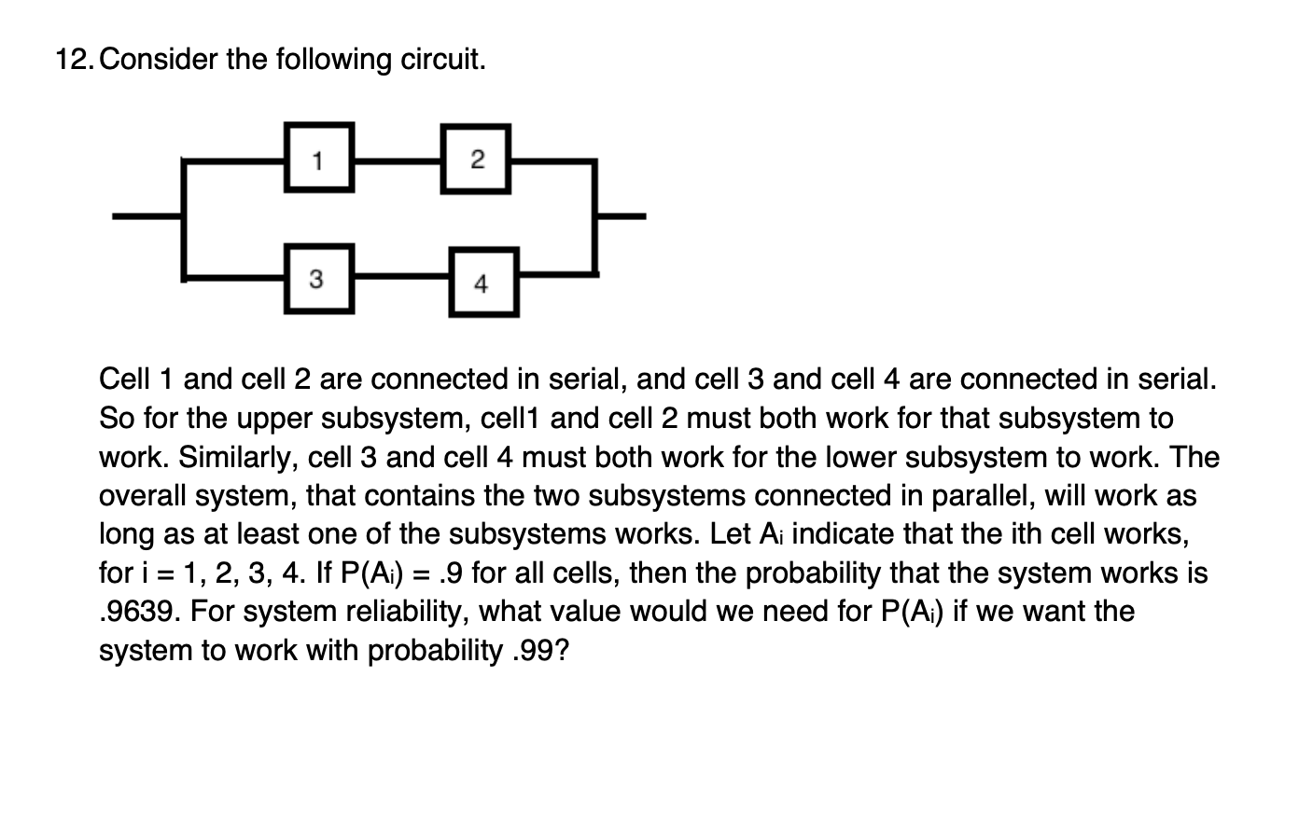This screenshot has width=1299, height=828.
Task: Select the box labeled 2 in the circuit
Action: [476, 158]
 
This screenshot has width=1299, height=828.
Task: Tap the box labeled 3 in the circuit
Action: [317, 278]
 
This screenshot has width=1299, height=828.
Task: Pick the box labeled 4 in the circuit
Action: [482, 283]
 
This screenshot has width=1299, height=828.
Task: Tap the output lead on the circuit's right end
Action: [621, 217]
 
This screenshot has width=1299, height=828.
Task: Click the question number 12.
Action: [74, 60]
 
